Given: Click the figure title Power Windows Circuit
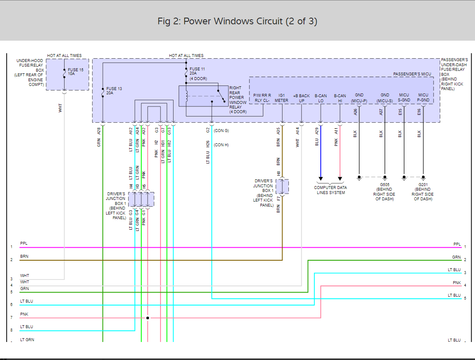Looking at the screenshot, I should [237, 21].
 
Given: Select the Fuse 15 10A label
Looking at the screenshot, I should [75, 72].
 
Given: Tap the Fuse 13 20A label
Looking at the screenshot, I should [114, 91].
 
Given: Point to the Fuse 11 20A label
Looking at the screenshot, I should [197, 73].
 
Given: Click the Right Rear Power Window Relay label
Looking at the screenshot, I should [238, 100].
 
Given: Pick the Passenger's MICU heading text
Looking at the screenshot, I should [412, 74].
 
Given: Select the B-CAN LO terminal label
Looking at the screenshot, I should [321, 98].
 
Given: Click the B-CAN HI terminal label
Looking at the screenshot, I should [340, 98].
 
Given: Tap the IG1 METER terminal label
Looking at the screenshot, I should [281, 98].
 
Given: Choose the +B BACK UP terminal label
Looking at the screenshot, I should [301, 98].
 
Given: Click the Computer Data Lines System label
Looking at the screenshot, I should [330, 190].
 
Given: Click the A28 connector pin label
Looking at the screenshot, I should [99, 131].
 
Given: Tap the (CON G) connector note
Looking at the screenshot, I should [221, 131].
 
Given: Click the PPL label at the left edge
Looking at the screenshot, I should [24, 243].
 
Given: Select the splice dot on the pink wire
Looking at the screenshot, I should [148, 318].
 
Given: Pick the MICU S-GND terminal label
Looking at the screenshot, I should [404, 98].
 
